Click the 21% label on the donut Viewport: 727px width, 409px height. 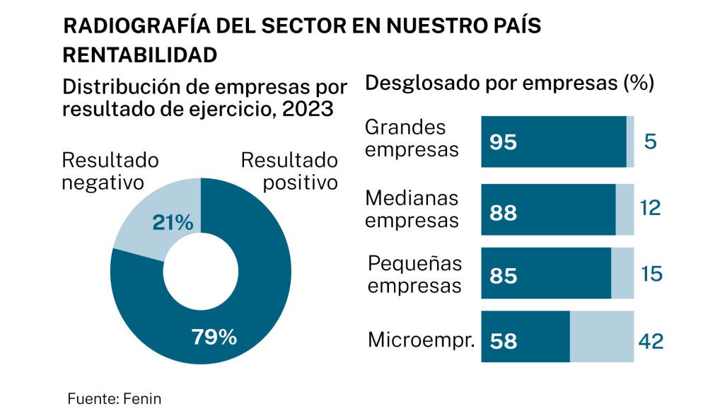point(173,223)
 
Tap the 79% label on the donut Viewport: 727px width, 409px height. point(214,338)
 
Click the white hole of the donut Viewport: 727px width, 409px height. point(201,272)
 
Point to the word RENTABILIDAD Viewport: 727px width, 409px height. point(139,54)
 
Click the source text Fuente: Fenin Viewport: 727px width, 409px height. point(115,398)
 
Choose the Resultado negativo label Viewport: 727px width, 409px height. point(110,171)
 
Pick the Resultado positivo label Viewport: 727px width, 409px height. point(289,171)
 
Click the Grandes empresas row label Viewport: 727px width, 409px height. point(411,139)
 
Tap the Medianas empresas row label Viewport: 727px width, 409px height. point(412,209)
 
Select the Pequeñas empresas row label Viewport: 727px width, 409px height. point(414,275)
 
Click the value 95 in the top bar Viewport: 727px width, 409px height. point(503,142)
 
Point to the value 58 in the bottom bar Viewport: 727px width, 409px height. point(503,342)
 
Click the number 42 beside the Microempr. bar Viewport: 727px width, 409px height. point(650,342)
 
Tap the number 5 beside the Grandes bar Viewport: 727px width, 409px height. point(651,142)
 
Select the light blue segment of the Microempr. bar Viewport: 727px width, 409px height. point(602,337)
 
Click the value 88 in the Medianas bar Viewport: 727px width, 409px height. point(503,212)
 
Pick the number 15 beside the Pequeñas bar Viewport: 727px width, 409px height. point(651,274)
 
